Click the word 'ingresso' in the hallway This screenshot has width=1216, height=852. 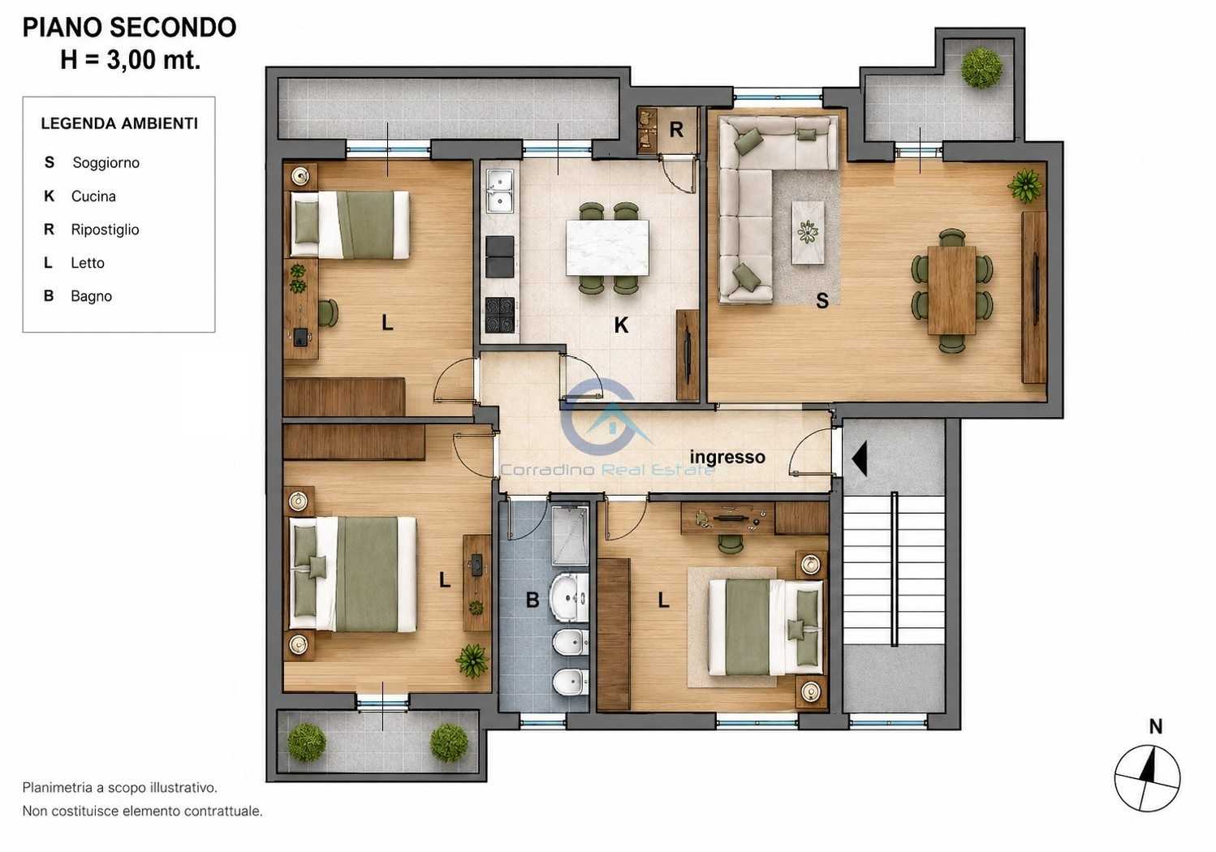point(727,457)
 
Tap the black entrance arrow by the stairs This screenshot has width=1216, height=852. point(860,458)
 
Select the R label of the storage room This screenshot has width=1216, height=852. point(676,130)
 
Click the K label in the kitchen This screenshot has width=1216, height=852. point(621,325)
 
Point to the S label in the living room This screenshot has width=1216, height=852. point(822,301)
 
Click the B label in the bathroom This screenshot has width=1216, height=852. point(533,600)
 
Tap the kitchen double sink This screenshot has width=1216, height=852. point(500,191)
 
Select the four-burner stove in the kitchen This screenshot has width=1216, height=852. point(500,315)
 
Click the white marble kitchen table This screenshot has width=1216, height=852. point(607,247)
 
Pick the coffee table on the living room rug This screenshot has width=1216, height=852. point(808,232)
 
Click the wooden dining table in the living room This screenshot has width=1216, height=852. point(951,290)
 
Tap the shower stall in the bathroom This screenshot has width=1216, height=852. point(570,536)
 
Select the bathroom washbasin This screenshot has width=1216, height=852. point(568,599)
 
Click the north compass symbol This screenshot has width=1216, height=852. point(1147,778)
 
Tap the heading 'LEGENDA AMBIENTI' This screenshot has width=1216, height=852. point(119,123)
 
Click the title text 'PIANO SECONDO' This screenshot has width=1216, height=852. point(129,28)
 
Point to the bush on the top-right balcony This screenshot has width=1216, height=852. point(981,68)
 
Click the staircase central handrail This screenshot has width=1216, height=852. point(894,569)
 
